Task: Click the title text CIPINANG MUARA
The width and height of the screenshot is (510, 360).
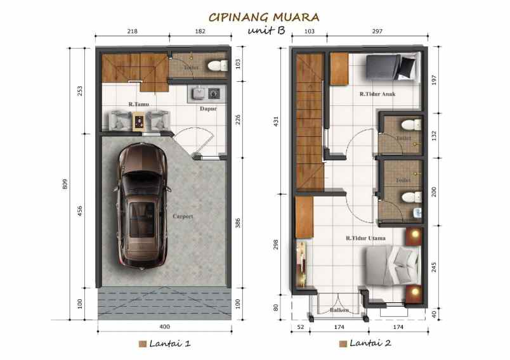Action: click(x=264, y=16)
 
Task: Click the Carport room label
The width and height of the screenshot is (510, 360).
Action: click(x=183, y=216)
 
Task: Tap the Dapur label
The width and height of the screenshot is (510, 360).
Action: click(x=208, y=108)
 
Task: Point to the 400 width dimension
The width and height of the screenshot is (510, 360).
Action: click(x=164, y=327)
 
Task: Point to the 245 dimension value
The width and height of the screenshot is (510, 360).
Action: click(x=433, y=267)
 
